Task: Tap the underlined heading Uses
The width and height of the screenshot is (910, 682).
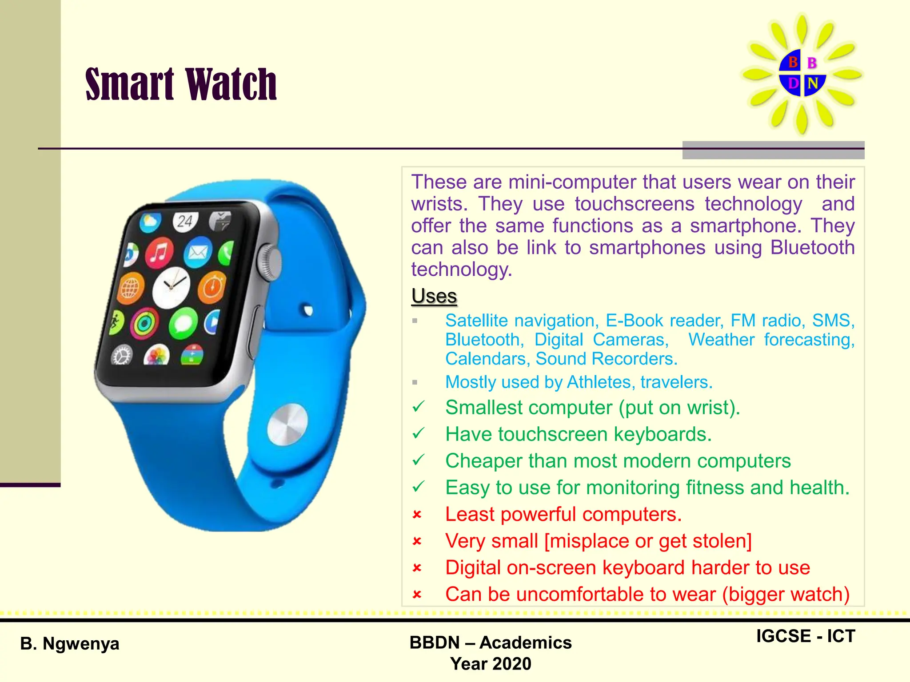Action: (x=434, y=296)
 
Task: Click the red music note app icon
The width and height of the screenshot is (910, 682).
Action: (x=159, y=253)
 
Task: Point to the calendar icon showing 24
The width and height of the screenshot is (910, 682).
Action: (x=185, y=221)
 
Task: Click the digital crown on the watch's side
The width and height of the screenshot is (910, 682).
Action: (x=270, y=262)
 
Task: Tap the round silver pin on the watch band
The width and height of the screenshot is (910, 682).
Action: (x=287, y=424)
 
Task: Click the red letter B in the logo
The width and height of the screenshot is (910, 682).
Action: (x=793, y=62)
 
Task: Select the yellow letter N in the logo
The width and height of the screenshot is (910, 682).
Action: (x=813, y=83)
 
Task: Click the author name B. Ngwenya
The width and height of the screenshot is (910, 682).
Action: (x=70, y=643)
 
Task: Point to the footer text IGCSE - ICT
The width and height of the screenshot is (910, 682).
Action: (x=805, y=636)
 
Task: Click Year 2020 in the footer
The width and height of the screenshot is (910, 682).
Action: (x=491, y=664)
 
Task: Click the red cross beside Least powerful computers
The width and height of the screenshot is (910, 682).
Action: (x=417, y=515)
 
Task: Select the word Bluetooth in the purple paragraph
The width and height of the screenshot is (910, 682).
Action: (x=812, y=247)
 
